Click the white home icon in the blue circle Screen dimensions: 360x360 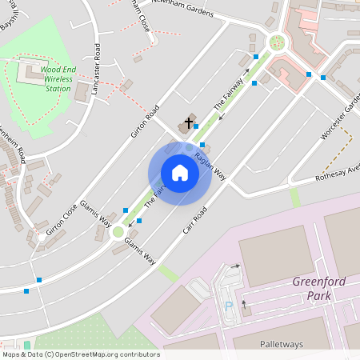(x=180, y=173)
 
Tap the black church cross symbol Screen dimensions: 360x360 (x=189, y=123)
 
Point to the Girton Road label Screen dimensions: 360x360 (x=146, y=121)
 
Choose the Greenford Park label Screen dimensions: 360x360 (x=317, y=288)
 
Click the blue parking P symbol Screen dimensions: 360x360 (x=230, y=305)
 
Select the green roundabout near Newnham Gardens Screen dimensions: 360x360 (x=278, y=42)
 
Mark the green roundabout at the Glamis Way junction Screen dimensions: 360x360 (x=118, y=232)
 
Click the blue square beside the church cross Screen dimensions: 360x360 (x=196, y=126)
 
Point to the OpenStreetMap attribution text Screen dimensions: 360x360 (x=82, y=354)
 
